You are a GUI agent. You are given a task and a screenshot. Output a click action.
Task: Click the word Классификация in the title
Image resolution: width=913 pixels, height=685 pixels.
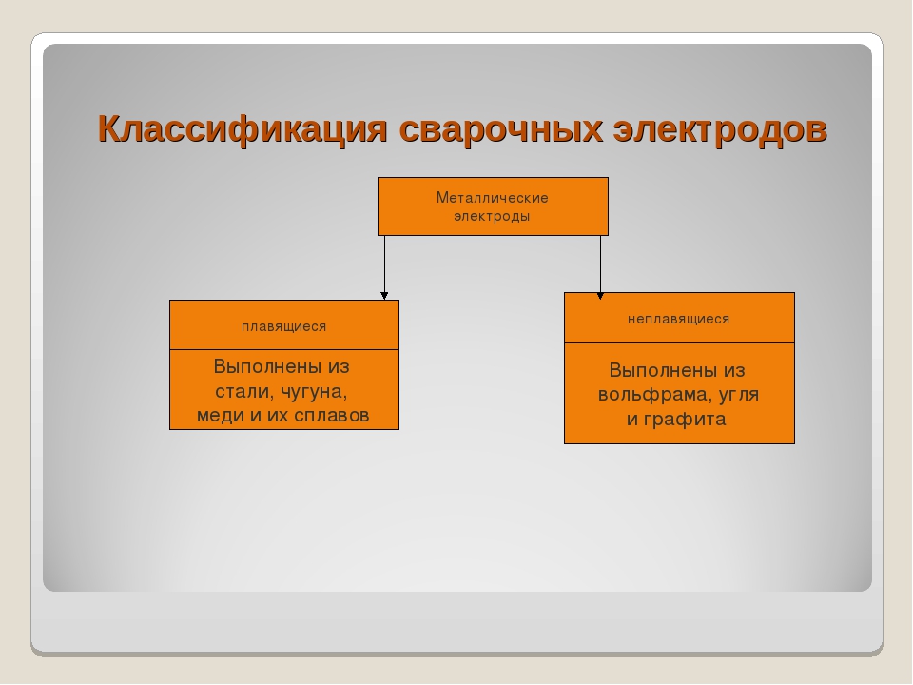click(x=243, y=129)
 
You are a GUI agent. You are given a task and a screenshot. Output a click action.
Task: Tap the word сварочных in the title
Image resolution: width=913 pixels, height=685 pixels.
click(x=501, y=129)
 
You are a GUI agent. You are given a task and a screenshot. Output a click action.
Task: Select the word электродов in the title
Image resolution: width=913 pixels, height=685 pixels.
click(x=720, y=129)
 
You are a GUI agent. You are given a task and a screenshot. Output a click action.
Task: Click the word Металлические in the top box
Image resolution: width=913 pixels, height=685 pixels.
click(x=493, y=198)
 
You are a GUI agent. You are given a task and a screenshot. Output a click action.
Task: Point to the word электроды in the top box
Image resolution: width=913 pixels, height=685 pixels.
click(x=492, y=216)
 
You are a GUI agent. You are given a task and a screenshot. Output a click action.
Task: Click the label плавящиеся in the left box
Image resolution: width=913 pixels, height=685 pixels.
click(x=284, y=326)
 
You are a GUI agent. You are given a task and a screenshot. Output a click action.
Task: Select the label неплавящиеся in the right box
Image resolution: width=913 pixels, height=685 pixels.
click(x=679, y=319)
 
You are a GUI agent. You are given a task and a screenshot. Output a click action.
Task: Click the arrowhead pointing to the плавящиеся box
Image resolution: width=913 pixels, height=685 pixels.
click(x=384, y=296)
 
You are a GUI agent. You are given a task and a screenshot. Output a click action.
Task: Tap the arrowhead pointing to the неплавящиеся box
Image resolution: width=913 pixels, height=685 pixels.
click(x=600, y=296)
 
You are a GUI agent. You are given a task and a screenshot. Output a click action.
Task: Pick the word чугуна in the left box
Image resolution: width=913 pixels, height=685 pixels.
click(x=315, y=392)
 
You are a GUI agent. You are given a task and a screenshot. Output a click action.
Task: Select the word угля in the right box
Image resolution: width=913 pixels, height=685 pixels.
click(x=739, y=395)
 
